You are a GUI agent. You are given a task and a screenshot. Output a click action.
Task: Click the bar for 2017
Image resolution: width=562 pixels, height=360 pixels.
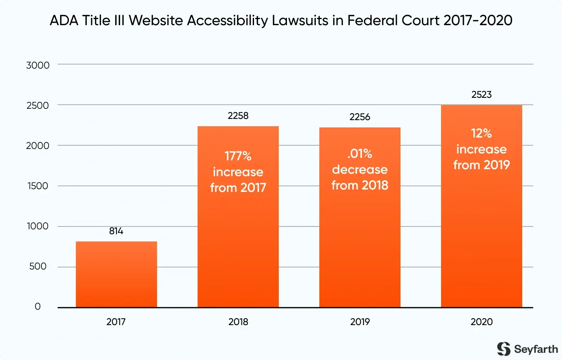click(116, 274)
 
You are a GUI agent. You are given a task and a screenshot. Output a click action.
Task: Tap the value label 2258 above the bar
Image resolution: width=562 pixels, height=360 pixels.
click(238, 116)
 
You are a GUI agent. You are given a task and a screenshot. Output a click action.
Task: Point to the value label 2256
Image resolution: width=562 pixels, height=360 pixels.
click(360, 117)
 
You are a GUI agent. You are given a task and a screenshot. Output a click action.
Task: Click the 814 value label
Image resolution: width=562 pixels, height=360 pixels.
click(116, 231)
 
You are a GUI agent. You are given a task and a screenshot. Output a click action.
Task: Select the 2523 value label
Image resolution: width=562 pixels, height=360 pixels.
click(481, 95)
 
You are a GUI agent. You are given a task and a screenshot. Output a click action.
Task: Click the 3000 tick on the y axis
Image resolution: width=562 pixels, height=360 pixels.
click(38, 65)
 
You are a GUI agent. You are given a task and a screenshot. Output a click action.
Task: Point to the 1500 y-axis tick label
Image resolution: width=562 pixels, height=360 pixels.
click(38, 186)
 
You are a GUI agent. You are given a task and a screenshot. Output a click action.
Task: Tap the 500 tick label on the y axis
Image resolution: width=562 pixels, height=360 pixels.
click(38, 266)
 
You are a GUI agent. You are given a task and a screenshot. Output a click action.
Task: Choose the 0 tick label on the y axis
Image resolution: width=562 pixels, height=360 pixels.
click(38, 306)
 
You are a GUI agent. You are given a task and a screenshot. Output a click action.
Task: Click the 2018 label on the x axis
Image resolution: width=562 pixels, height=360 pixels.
click(238, 322)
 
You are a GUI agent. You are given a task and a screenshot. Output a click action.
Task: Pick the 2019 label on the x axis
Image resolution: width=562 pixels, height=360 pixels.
click(360, 322)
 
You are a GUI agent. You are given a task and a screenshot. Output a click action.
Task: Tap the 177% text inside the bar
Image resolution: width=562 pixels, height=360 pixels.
click(238, 156)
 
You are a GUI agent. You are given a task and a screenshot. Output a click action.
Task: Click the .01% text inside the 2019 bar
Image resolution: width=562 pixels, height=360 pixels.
click(360, 153)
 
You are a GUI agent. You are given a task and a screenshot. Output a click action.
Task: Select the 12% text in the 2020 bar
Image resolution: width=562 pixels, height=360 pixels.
click(481, 133)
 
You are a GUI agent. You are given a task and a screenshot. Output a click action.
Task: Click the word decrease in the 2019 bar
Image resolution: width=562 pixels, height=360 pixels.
click(360, 169)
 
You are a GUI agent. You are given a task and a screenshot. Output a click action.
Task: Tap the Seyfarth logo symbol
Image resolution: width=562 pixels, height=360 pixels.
click(504, 349)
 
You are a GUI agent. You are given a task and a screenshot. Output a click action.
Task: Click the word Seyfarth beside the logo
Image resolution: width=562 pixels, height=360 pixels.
click(536, 349)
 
